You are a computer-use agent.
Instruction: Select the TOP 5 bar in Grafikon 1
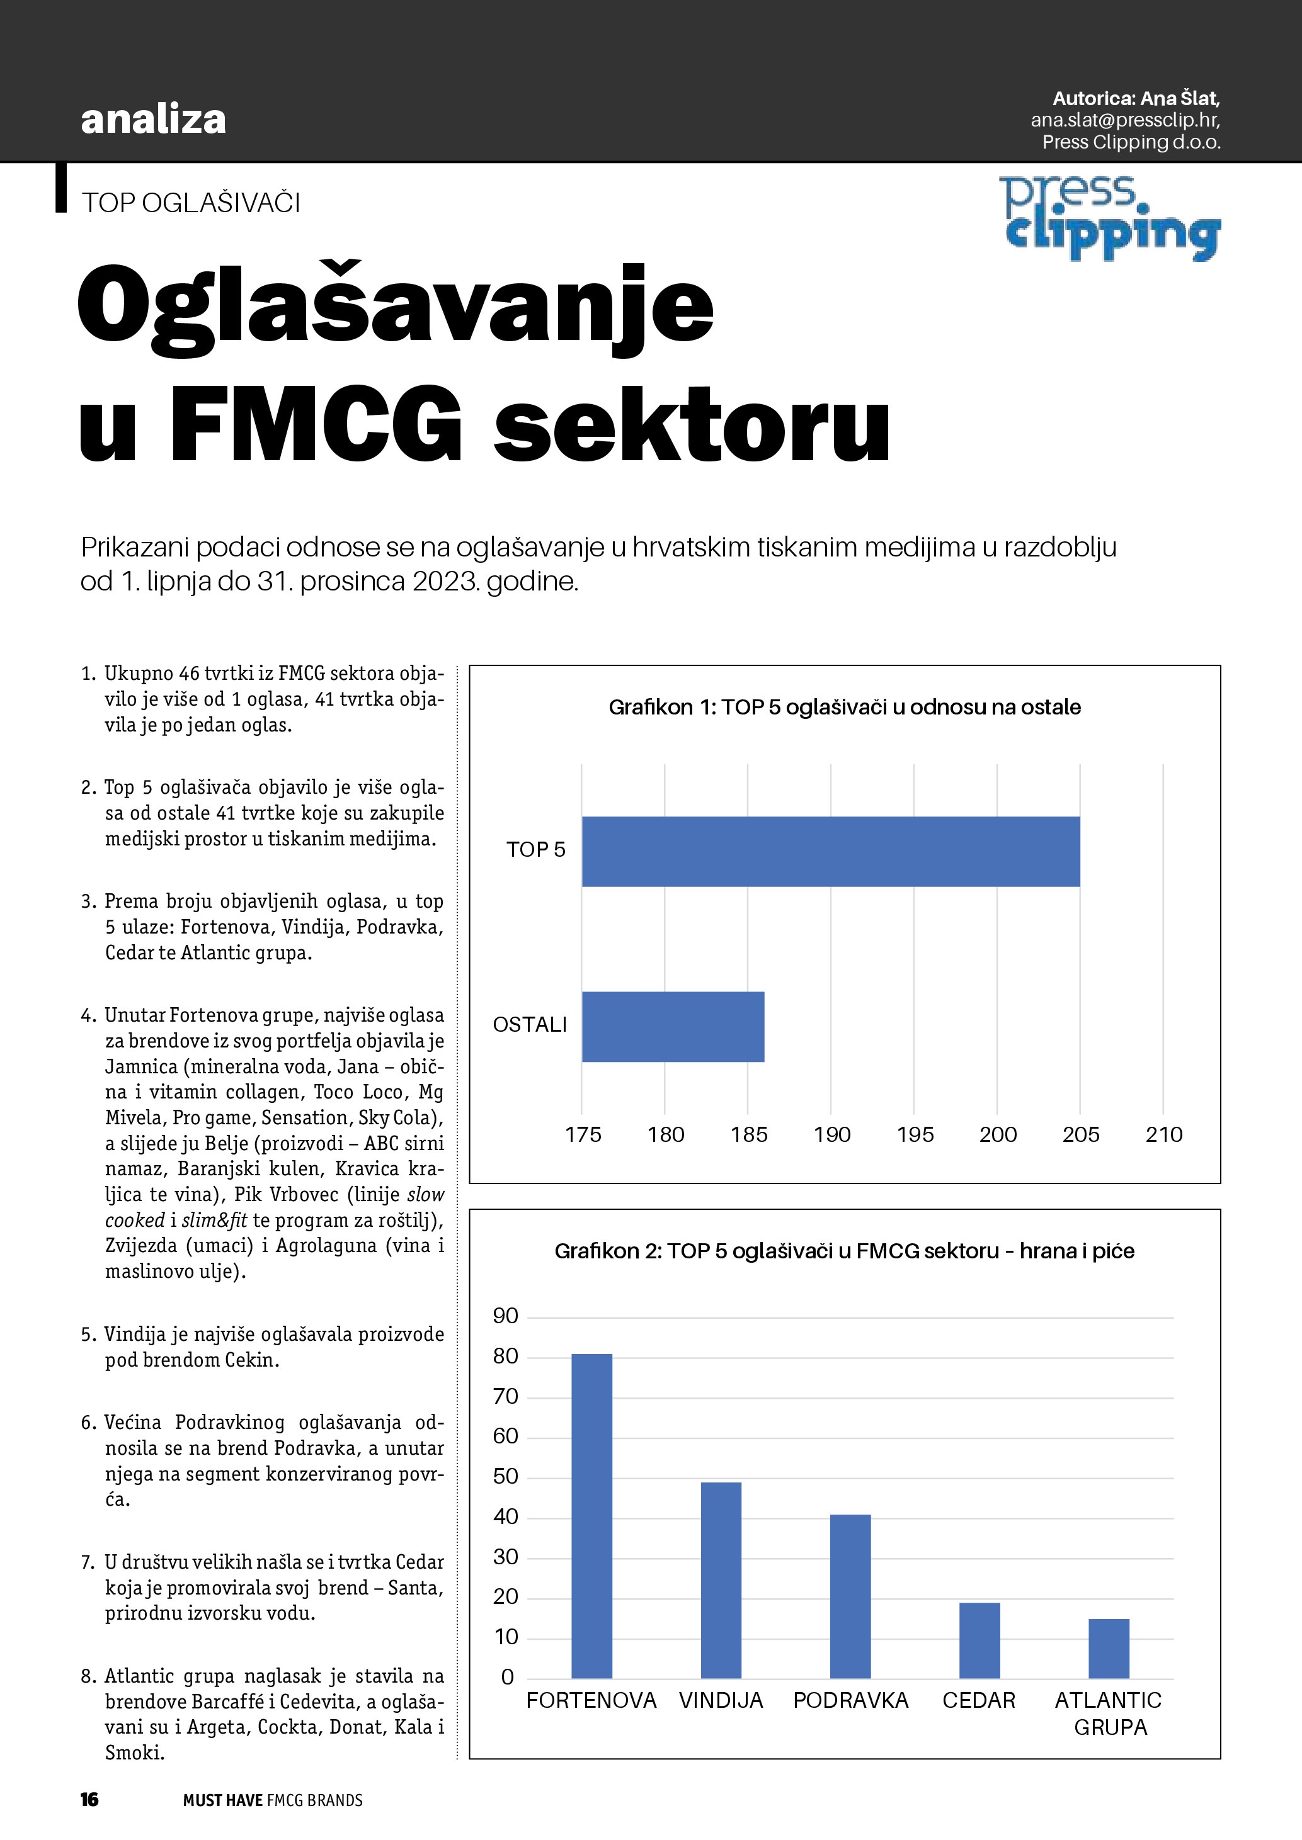(831, 851)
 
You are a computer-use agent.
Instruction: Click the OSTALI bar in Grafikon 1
(673, 1027)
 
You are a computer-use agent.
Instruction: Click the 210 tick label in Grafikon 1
(1164, 1135)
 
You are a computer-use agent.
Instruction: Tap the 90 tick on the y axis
(506, 1316)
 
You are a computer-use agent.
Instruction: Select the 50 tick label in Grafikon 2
(506, 1476)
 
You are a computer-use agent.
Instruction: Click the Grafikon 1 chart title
(844, 707)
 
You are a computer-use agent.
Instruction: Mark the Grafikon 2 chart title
(844, 1251)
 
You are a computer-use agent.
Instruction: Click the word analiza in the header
(153, 120)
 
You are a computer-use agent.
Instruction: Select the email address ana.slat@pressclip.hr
(1125, 120)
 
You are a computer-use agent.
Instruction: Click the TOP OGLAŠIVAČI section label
(191, 203)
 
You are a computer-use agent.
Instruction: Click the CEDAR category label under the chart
(979, 1700)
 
